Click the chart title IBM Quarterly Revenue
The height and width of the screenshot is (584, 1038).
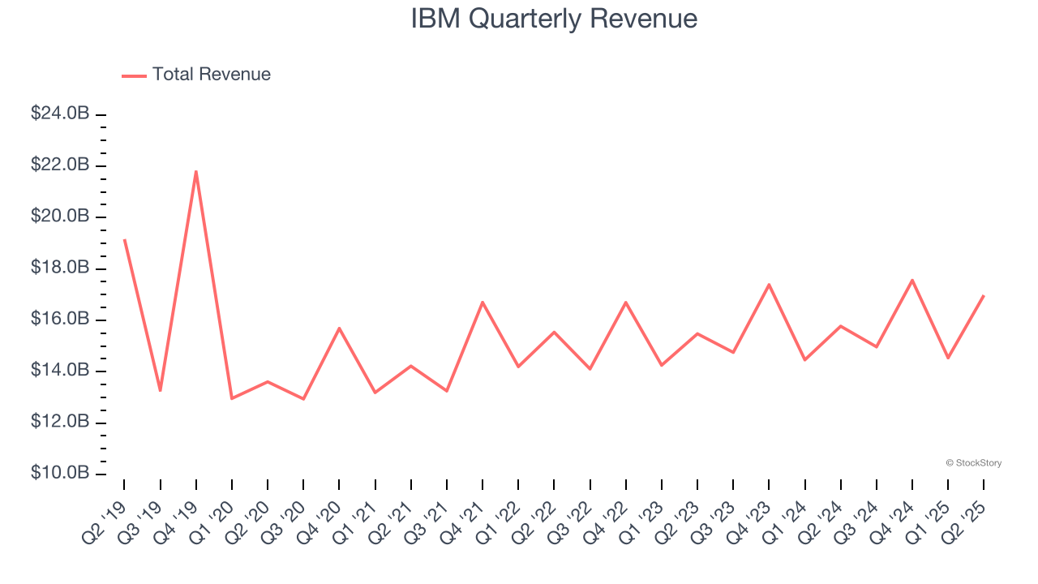click(554, 19)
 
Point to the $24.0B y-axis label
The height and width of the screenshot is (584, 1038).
click(60, 114)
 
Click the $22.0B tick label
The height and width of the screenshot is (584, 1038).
click(60, 165)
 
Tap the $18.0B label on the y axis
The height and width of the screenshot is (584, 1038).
click(60, 268)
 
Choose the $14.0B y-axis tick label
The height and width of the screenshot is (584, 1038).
click(60, 371)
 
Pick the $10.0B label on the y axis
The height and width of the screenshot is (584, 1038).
click(60, 474)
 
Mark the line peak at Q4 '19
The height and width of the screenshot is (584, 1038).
click(195, 171)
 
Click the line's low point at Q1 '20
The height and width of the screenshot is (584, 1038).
click(232, 398)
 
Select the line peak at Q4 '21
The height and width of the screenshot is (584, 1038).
click(483, 303)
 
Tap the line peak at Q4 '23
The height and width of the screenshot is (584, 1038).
click(769, 285)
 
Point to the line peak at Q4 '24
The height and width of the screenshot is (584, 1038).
click(912, 280)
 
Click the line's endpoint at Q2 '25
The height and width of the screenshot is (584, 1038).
click(984, 295)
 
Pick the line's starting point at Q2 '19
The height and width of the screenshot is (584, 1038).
click(124, 240)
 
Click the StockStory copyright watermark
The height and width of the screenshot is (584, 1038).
click(973, 463)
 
